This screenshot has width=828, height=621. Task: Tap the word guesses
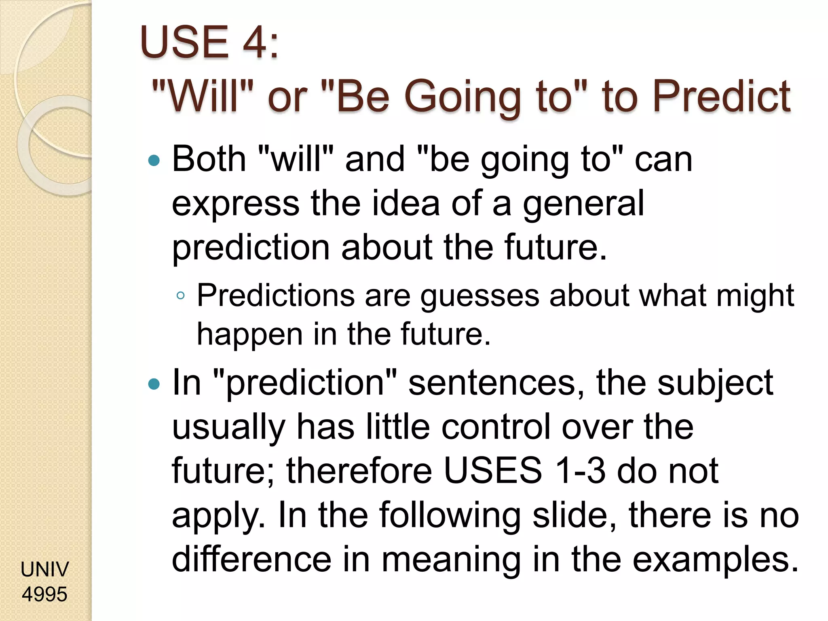click(479, 296)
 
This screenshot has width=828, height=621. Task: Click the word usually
click(228, 427)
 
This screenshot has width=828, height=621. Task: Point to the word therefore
click(359, 471)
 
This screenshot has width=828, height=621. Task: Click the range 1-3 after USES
click(580, 471)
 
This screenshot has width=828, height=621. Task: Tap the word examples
click(715, 560)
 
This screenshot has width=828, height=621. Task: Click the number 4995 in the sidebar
click(44, 594)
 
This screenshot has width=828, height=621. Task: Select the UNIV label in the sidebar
click(44, 569)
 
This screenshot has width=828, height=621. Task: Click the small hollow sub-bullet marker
click(181, 296)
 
